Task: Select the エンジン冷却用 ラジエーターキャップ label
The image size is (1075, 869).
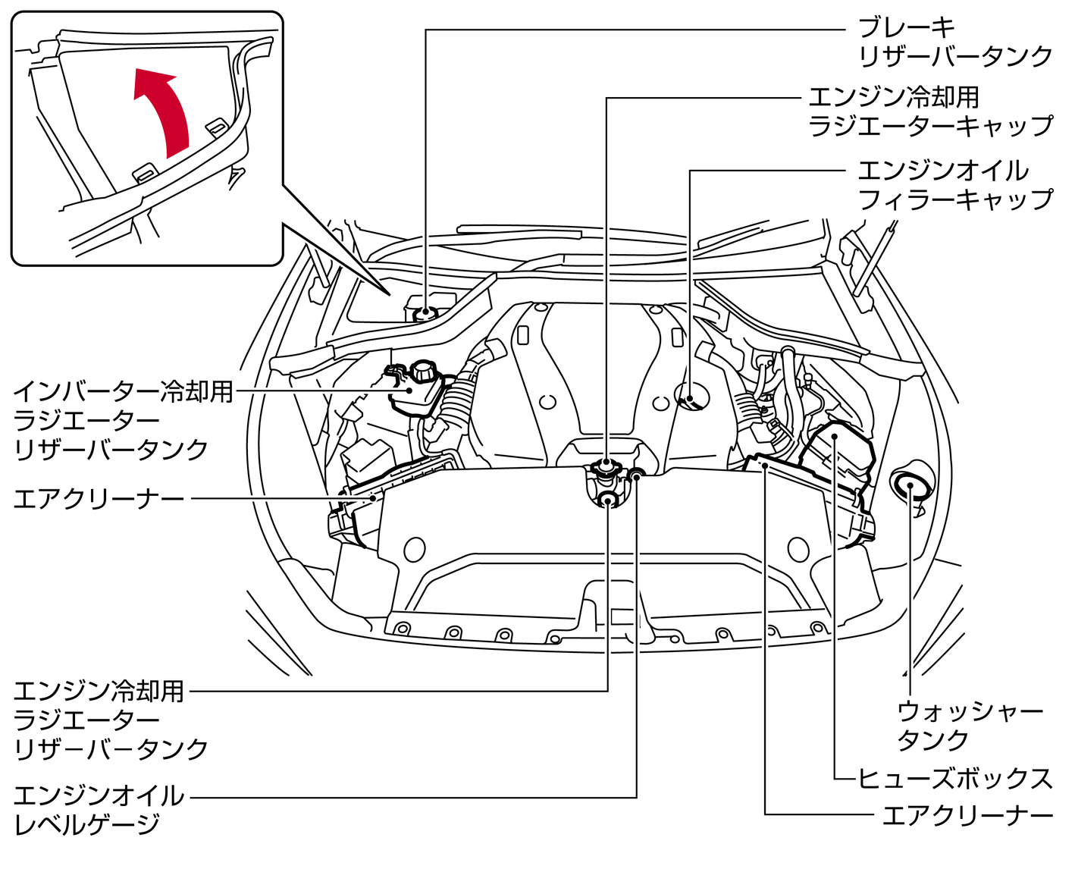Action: (x=930, y=111)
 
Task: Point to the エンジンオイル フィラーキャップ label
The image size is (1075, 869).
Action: (x=954, y=184)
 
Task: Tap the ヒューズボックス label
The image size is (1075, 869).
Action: (x=954, y=779)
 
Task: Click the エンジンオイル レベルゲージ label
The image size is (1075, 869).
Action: (x=99, y=810)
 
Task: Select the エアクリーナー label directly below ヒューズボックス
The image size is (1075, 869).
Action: (x=967, y=816)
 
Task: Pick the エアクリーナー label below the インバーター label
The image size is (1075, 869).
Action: (x=99, y=499)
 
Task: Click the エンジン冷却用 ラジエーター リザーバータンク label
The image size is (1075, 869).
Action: (x=111, y=720)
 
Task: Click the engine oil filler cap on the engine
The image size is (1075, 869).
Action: (x=691, y=397)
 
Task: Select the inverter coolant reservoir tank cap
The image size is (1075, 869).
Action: (x=423, y=372)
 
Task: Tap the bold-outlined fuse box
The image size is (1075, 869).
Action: (x=838, y=455)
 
